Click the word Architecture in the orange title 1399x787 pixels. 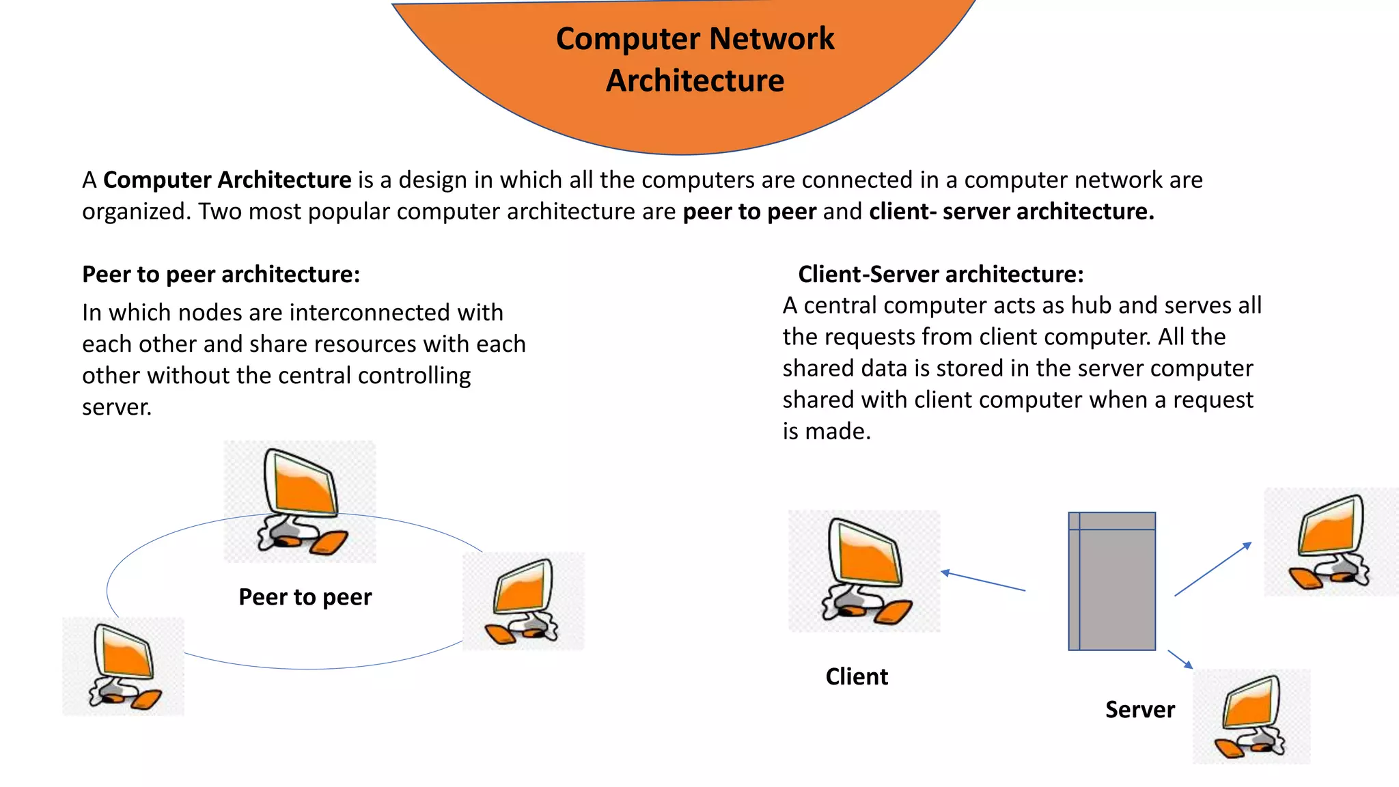[695, 81]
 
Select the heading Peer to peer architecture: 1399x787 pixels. [221, 274]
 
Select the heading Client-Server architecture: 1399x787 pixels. [940, 274]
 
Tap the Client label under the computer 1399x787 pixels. [856, 676]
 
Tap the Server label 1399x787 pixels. [1139, 709]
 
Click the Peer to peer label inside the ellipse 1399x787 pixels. [305, 597]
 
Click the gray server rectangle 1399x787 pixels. [1112, 581]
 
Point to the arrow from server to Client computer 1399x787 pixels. [983, 581]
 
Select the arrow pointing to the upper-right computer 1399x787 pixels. [1213, 569]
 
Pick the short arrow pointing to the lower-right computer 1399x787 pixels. [1180, 659]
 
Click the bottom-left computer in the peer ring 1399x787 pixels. [124, 666]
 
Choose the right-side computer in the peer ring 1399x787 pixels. [524, 601]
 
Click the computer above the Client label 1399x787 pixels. [864, 571]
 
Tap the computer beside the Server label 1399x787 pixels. [1251, 717]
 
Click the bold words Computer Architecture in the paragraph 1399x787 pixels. [227, 180]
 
